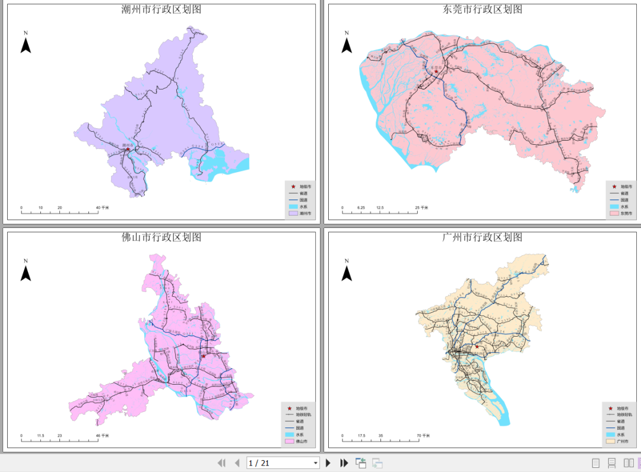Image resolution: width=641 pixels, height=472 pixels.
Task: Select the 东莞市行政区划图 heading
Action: tap(483, 9)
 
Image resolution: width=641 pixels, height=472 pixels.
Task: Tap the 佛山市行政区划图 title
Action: tap(161, 237)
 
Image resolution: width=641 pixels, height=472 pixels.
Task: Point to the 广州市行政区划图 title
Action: tap(483, 237)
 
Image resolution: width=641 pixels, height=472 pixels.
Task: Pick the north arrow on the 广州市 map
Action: tap(347, 272)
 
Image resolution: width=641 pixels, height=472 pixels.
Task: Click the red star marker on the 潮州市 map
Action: tap(128, 149)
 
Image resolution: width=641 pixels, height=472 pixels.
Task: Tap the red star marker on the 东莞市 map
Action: tap(436, 72)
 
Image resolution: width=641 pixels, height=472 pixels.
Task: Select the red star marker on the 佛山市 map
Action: tap(203, 356)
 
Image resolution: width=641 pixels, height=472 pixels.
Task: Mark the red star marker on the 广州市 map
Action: tap(477, 346)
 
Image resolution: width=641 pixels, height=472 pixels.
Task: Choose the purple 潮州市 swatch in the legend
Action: tap(293, 213)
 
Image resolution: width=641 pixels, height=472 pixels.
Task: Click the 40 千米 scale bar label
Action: tap(101, 208)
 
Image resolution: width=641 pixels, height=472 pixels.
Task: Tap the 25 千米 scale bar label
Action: tap(421, 208)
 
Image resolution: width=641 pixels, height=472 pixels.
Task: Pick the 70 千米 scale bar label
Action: tap(422, 436)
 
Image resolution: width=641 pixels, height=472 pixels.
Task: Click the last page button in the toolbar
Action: tap(344, 463)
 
